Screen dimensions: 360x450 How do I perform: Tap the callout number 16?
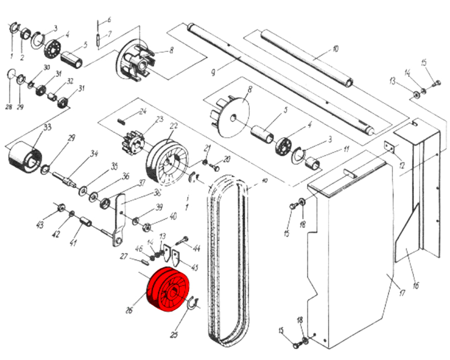click(415, 285)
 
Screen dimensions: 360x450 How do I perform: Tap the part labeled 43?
click(61, 208)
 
